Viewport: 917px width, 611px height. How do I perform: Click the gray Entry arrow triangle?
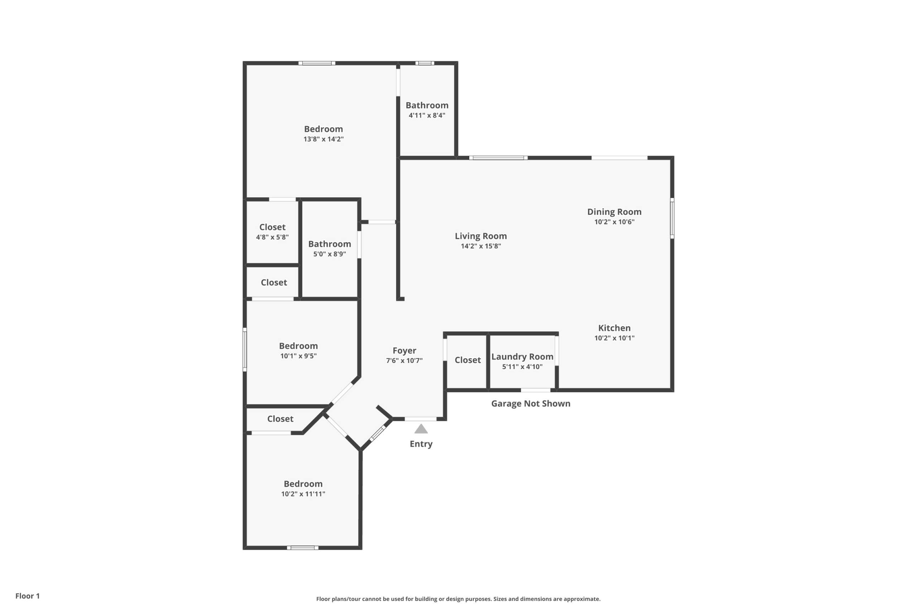(x=421, y=429)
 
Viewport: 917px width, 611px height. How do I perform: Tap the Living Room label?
(x=481, y=236)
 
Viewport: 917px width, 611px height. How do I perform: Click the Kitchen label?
(x=614, y=328)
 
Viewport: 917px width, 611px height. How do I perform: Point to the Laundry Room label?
(x=523, y=357)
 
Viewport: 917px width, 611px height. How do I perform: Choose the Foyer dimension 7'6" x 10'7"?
(x=404, y=361)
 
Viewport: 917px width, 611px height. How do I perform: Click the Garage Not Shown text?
(x=530, y=404)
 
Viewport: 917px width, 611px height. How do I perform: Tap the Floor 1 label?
(x=27, y=596)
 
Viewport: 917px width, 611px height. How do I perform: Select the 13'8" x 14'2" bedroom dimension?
(x=323, y=139)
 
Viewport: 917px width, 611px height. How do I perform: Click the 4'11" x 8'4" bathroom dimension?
(x=427, y=115)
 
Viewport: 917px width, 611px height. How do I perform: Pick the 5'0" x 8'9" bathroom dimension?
(x=330, y=254)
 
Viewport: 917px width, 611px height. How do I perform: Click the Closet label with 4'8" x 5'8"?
(x=272, y=227)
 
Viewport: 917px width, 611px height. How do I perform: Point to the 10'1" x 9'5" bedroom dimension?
(x=298, y=356)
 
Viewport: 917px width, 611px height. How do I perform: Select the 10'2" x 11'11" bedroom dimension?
(x=303, y=494)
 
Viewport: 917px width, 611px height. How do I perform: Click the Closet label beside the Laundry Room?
(x=467, y=360)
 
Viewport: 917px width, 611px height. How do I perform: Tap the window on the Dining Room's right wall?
(x=672, y=218)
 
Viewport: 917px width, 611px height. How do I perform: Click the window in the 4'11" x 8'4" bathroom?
(x=424, y=63)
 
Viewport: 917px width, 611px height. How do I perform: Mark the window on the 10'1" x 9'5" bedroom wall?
(x=245, y=350)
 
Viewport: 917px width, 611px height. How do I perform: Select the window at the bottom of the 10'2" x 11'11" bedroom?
(x=303, y=548)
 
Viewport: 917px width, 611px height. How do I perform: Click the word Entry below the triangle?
(x=421, y=444)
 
